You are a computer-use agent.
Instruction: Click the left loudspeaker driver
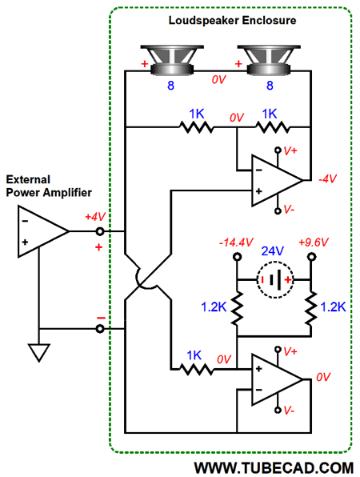click(172, 60)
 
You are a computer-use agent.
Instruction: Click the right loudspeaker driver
click(269, 60)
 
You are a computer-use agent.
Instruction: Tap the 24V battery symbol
click(275, 279)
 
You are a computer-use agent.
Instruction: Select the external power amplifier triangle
click(43, 231)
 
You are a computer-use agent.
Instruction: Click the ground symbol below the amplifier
click(39, 353)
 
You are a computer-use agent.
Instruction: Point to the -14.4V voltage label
click(236, 243)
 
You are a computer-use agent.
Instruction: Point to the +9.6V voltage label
click(314, 243)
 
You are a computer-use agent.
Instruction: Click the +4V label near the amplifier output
click(95, 217)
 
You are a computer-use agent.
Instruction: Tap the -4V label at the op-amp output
click(327, 179)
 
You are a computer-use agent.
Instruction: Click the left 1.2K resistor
click(237, 308)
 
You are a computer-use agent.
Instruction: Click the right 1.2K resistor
click(311, 308)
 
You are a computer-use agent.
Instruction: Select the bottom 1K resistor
click(197, 369)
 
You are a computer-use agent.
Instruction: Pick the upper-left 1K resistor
click(197, 127)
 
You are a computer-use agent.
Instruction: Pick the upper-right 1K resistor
click(273, 127)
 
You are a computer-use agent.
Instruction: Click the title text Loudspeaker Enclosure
click(232, 20)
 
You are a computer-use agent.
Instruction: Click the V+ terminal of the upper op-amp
click(278, 150)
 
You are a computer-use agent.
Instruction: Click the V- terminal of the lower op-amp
click(278, 411)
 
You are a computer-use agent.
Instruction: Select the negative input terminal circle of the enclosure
click(100, 329)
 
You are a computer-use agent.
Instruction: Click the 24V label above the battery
click(273, 251)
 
